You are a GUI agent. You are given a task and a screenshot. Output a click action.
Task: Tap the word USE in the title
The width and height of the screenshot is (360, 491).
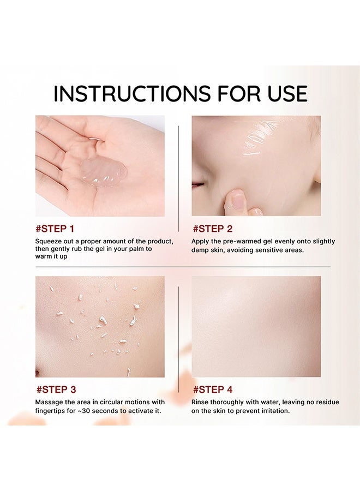283,93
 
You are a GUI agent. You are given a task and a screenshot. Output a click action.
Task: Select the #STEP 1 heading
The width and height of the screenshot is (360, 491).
55,229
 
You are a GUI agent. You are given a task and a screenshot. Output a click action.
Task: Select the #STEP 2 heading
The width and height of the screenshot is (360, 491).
212,229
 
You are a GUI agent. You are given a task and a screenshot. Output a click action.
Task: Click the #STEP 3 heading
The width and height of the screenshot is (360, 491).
56,390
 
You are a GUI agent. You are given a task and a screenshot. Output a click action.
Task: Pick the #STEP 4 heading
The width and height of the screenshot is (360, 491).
213,390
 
